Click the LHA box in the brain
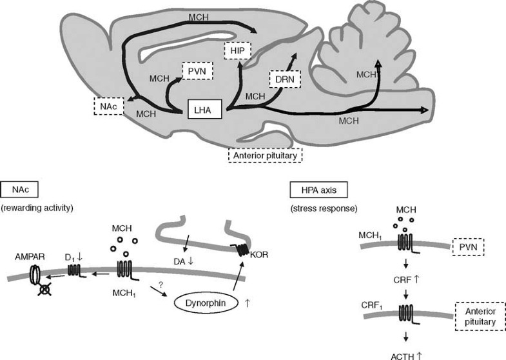(204, 110)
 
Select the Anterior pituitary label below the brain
(265, 155)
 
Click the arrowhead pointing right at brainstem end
(425, 110)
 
